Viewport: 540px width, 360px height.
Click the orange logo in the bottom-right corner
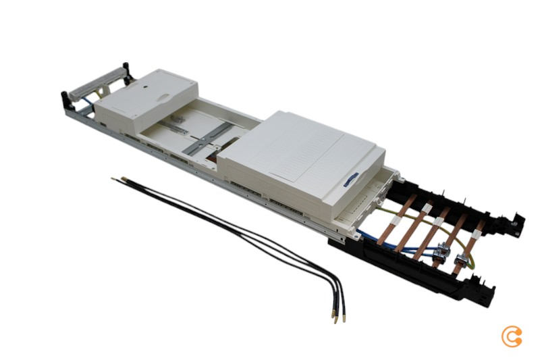click(x=512, y=336)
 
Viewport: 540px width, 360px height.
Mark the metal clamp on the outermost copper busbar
click(x=462, y=261)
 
